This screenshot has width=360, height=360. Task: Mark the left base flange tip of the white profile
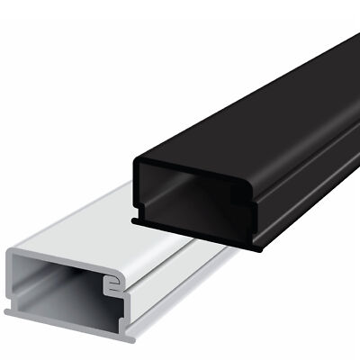(x=8, y=310)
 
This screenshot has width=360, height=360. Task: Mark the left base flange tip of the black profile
(x=134, y=219)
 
